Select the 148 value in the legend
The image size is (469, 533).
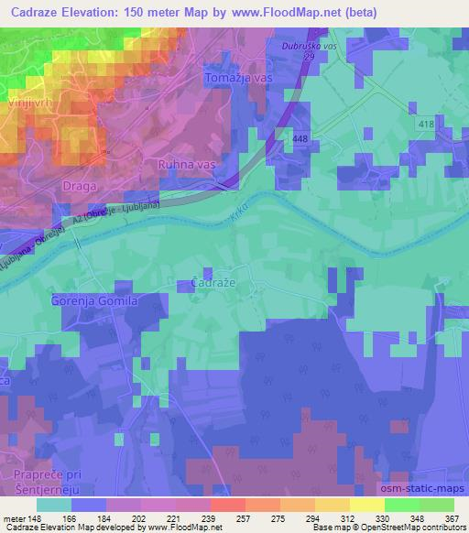[x=37, y=517]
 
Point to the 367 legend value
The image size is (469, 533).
[x=452, y=517]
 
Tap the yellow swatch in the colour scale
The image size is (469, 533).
[x=366, y=505]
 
